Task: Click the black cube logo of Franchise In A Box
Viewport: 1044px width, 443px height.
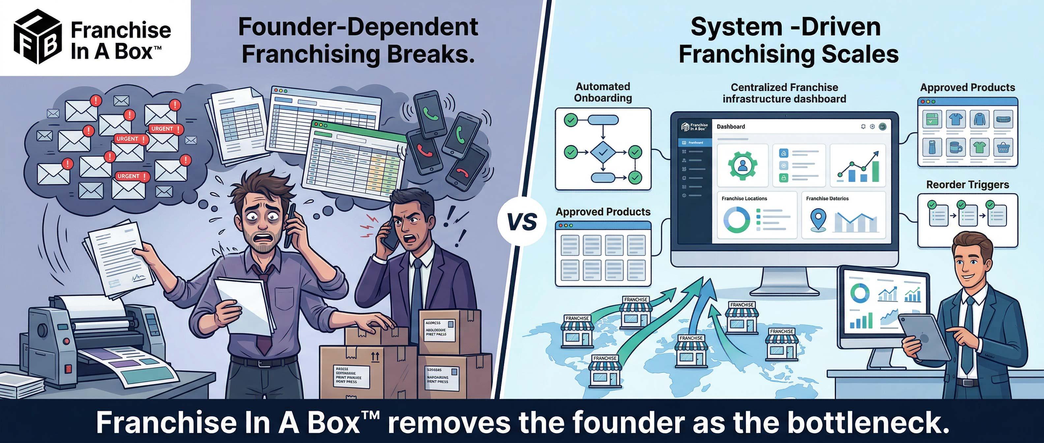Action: pyautogui.click(x=38, y=37)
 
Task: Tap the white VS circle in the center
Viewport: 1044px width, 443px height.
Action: pyautogui.click(x=522, y=222)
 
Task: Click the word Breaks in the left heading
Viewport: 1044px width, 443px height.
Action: pyautogui.click(x=430, y=55)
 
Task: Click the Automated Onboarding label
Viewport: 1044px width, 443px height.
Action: pyautogui.click(x=603, y=92)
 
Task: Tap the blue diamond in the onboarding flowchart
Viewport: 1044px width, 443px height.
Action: pyautogui.click(x=603, y=152)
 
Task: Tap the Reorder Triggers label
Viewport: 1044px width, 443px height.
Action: pyautogui.click(x=968, y=185)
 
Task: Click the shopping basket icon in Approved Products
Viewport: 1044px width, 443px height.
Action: pyautogui.click(x=1003, y=148)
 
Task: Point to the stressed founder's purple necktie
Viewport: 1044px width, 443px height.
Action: pyautogui.click(x=264, y=324)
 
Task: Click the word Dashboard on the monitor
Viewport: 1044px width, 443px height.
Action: pyautogui.click(x=731, y=127)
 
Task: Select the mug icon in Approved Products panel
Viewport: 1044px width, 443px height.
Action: pyautogui.click(x=956, y=148)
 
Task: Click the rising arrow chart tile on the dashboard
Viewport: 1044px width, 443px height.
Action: pyautogui.click(x=857, y=166)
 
